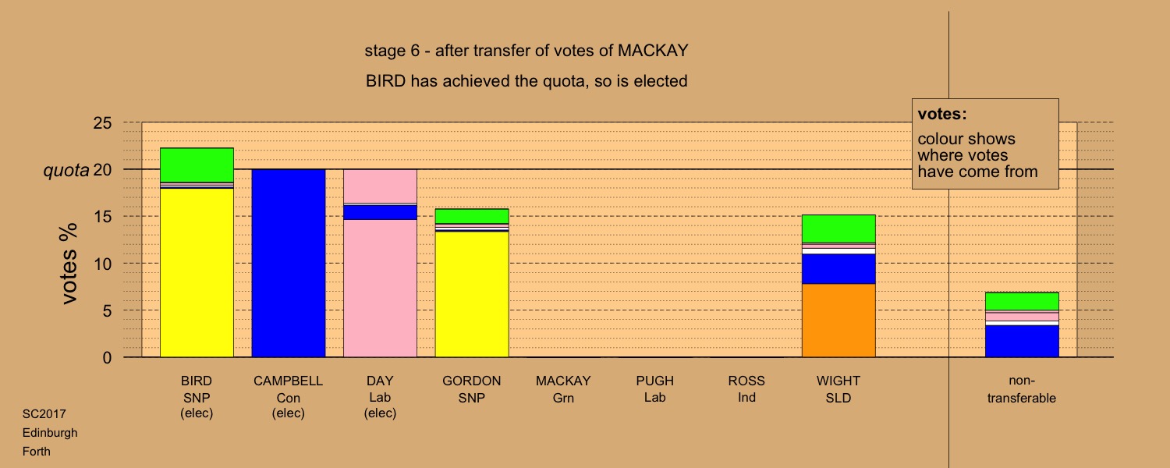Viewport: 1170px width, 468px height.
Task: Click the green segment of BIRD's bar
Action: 197,165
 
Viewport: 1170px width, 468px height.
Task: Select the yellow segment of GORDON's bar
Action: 472,294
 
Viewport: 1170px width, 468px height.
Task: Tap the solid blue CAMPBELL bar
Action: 289,264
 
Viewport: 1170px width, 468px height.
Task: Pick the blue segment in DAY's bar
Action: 380,212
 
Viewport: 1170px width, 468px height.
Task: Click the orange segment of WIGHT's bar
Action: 838,321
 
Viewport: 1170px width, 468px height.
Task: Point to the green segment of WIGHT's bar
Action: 838,229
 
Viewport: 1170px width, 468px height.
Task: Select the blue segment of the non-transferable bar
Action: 1022,341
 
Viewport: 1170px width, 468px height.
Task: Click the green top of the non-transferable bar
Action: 1022,301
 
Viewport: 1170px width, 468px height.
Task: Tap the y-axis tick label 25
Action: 102,122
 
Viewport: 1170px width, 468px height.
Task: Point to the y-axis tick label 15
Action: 102,216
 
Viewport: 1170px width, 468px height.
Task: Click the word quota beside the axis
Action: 66,170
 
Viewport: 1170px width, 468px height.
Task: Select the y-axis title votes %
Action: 69,264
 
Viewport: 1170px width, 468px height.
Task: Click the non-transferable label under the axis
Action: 1022,389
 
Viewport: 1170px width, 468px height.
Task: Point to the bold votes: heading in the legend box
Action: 942,114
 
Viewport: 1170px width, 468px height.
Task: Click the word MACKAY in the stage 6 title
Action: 653,51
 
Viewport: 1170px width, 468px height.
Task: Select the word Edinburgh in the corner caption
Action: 50,433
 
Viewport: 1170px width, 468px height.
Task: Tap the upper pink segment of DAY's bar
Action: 380,186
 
